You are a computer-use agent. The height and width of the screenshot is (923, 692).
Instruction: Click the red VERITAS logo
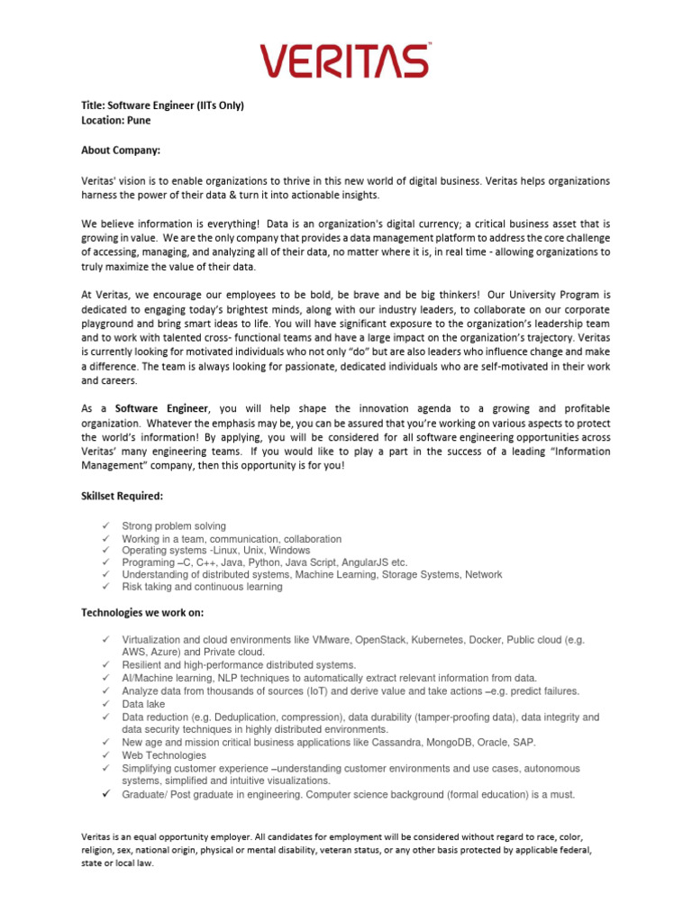[x=346, y=60]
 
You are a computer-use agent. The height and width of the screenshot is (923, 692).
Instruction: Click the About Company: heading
[x=120, y=150]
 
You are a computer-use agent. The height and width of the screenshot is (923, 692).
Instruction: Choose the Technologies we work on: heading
[x=142, y=613]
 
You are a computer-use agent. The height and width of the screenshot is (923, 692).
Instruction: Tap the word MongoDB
[x=459, y=742]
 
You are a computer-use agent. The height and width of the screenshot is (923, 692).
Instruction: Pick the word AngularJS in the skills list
[x=359, y=562]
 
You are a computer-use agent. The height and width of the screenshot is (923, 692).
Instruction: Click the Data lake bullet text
[x=144, y=704]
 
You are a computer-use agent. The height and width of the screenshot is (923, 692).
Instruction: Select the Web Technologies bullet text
[x=164, y=755]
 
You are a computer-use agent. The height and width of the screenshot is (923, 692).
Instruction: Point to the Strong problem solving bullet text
[x=174, y=525]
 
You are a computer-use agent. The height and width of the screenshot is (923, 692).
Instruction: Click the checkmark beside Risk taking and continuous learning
[x=105, y=587]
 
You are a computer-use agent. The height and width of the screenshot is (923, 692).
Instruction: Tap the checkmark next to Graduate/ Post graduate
[x=105, y=795]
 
